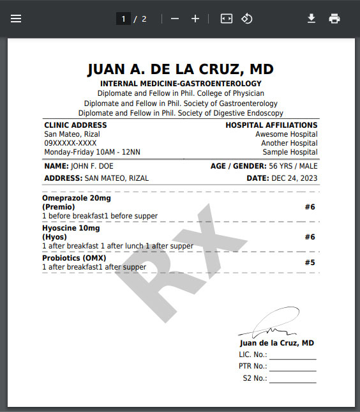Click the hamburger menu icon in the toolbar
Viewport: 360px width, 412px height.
point(16,19)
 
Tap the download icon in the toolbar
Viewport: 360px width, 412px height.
point(311,19)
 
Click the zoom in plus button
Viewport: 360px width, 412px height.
point(195,19)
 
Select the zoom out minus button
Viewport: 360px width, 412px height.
point(175,19)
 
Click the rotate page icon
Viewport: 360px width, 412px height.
point(247,19)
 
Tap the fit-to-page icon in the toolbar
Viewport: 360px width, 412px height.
point(227,19)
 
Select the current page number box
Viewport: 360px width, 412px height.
point(123,19)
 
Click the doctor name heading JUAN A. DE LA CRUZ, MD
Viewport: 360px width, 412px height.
point(181,69)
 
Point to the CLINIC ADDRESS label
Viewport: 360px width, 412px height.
point(75,125)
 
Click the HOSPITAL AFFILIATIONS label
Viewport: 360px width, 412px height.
point(271,125)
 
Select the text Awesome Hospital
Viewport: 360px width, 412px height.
point(286,134)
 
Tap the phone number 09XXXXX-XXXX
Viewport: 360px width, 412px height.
point(70,143)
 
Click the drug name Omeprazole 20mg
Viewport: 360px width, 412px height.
point(77,198)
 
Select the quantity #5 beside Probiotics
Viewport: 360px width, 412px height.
point(310,263)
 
